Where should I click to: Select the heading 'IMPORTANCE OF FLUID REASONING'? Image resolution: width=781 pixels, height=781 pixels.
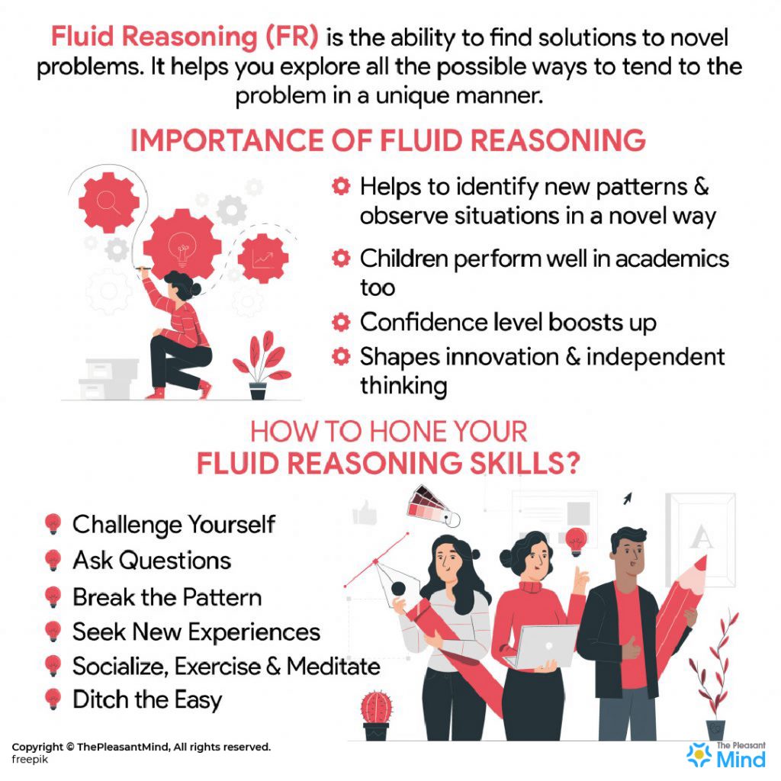click(388, 142)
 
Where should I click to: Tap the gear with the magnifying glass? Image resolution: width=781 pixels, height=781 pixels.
click(109, 201)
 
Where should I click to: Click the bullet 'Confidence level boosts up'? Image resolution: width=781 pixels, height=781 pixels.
click(507, 322)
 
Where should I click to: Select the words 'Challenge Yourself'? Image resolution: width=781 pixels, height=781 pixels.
click(173, 525)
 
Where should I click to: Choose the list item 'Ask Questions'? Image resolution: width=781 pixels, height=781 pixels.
click(151, 561)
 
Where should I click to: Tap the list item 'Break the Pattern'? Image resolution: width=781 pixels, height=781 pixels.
click(166, 596)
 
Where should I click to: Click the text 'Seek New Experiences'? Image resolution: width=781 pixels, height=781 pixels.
click(196, 632)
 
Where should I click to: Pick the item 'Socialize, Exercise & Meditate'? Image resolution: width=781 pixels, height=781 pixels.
click(226, 667)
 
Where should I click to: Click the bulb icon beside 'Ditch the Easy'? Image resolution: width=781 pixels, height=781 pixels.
click(53, 699)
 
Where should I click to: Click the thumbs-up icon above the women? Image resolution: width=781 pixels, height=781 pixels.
click(365, 513)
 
